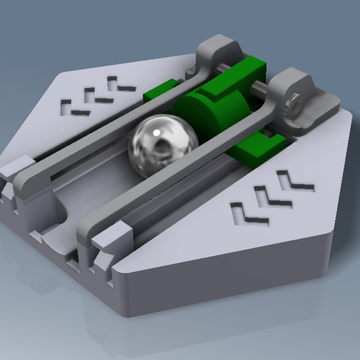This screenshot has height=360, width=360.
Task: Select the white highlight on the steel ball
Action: (158, 130)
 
